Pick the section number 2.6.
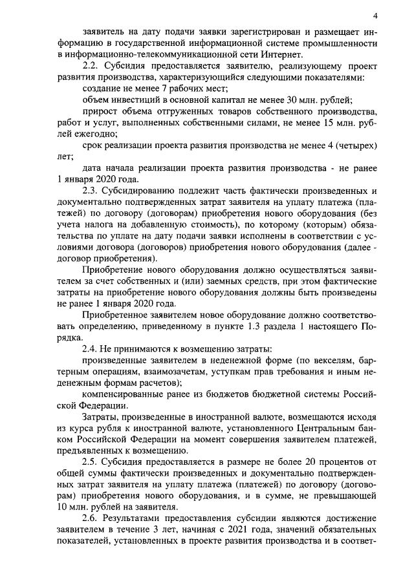pyautogui.click(x=91, y=518)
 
